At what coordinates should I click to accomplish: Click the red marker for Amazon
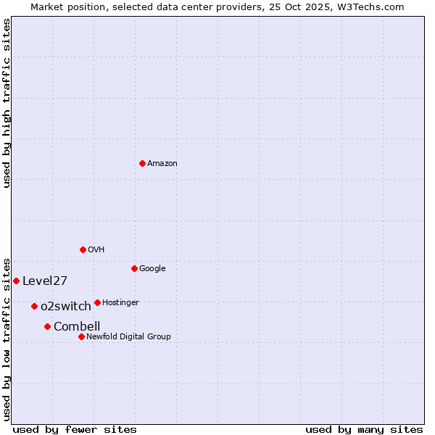point(142,163)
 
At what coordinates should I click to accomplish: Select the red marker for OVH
point(83,249)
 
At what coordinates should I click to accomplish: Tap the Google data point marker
point(134,268)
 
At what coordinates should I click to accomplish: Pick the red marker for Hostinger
point(97,302)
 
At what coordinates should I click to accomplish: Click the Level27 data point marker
point(16,281)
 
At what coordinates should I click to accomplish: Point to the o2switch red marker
point(34,306)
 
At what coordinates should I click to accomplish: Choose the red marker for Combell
point(47,326)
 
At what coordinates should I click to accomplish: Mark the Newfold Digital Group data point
point(81,336)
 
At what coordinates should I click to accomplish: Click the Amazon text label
point(162,164)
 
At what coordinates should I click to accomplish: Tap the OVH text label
point(96,250)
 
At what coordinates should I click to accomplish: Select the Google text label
point(152,269)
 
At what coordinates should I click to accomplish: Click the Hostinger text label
point(120,303)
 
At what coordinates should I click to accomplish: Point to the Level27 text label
point(45,281)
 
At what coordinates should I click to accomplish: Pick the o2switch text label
point(66,307)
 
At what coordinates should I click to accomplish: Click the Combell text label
point(77,327)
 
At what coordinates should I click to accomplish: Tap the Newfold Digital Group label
point(128,337)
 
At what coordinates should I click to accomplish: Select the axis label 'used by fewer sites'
point(75,429)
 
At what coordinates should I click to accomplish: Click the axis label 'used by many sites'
point(364,429)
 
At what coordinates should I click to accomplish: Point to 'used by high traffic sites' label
point(7,103)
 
